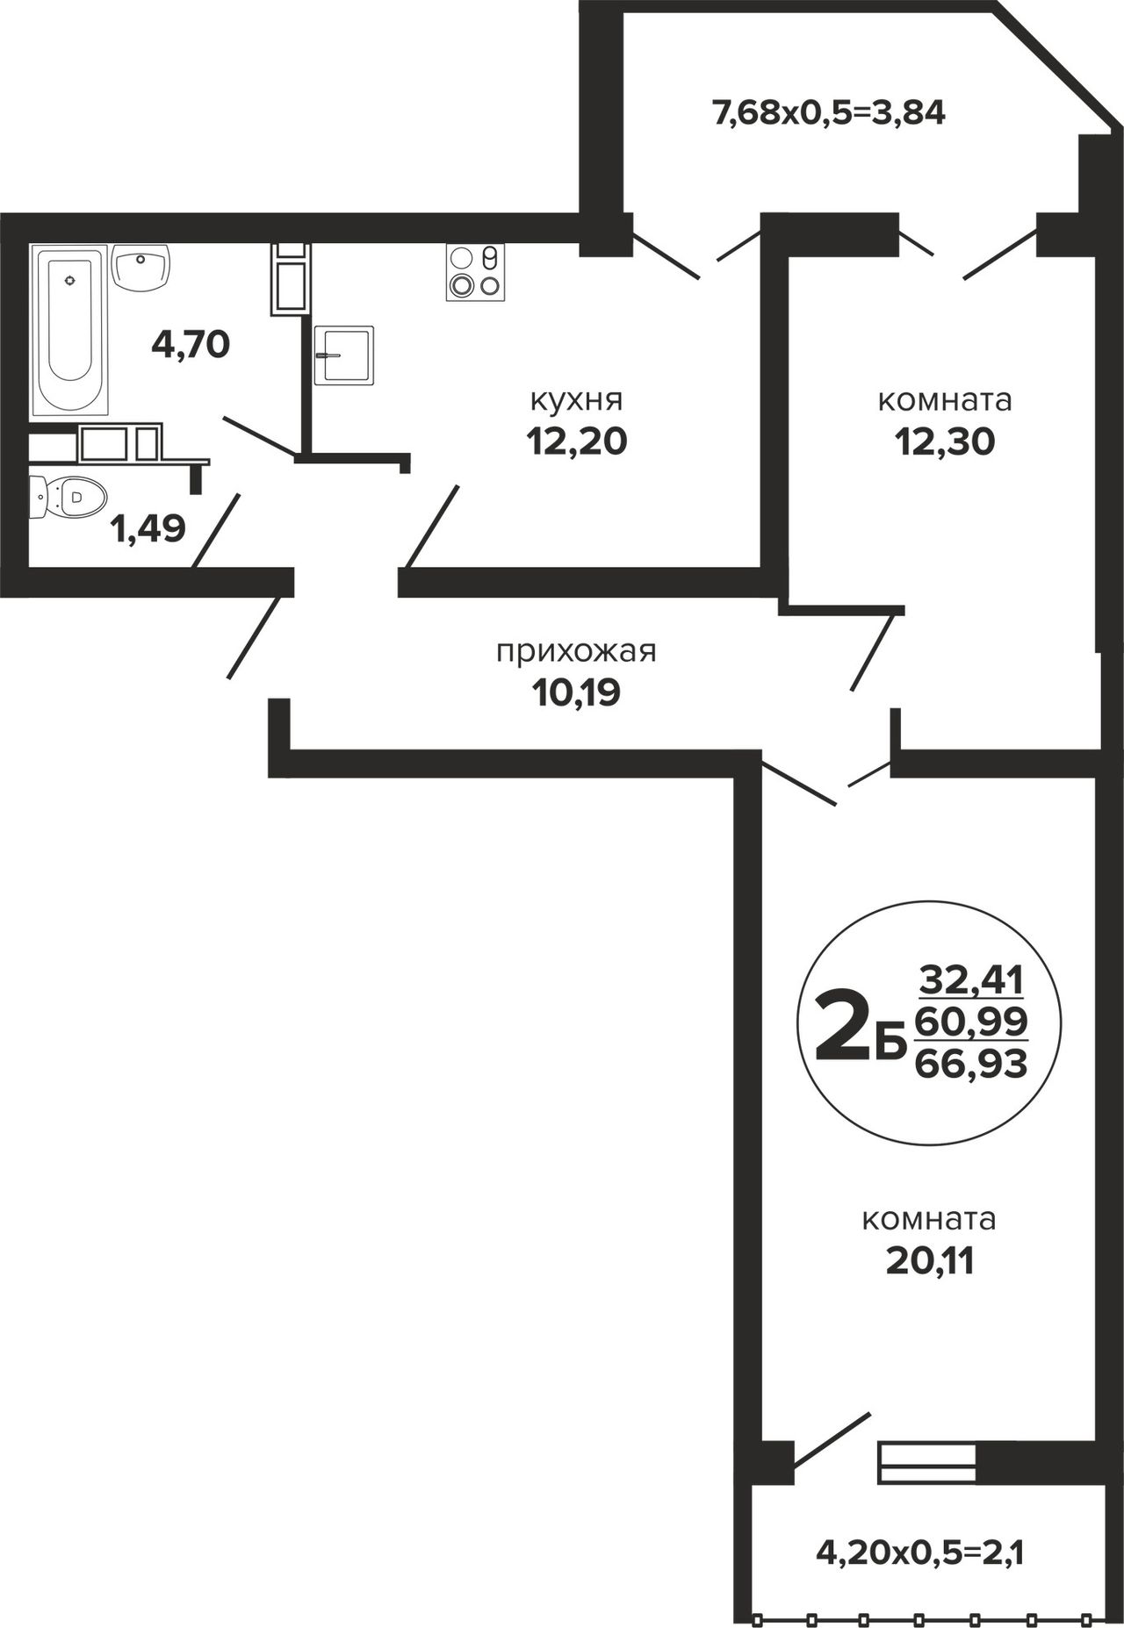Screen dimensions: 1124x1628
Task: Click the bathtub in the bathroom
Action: tap(70, 330)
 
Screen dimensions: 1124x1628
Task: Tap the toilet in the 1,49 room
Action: tap(68, 498)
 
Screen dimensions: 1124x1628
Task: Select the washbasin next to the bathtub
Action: tap(141, 269)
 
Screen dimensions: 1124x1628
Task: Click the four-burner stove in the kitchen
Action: tap(475, 272)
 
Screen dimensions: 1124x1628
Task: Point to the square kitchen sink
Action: tap(344, 355)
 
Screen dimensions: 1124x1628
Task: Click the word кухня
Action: tap(576, 400)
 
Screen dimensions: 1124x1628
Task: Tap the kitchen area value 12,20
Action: tap(577, 441)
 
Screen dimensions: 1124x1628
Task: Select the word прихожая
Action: tap(576, 652)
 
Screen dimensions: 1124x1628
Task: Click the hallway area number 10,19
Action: tap(576, 693)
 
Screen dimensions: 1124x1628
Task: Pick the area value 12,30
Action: tap(945, 441)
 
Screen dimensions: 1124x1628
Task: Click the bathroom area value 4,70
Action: tap(191, 344)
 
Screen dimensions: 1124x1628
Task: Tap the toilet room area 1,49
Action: tap(148, 528)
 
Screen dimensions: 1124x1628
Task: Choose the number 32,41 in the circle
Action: tap(972, 979)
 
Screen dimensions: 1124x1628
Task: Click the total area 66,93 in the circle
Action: tap(971, 1065)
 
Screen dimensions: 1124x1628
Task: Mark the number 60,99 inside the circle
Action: tap(971, 1022)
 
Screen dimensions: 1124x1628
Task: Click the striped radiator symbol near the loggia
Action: tap(928, 1464)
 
